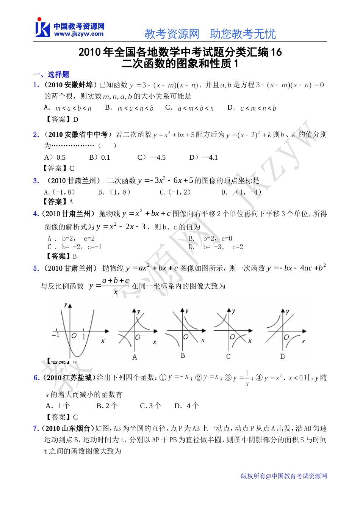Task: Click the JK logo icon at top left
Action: (42, 28)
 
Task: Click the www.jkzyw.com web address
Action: (79, 34)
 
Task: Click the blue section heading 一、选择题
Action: (51, 74)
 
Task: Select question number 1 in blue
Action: (36, 85)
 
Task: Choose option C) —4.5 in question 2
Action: (152, 157)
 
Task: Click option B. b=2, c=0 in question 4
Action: (210, 239)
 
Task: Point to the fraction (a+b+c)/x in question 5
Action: (116, 286)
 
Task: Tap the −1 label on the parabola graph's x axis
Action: (56, 335)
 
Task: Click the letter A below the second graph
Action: (135, 357)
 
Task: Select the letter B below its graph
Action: (183, 355)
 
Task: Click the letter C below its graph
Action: (228, 357)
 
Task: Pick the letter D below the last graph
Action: (283, 357)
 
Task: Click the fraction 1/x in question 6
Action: (247, 378)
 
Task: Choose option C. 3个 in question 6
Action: (150, 406)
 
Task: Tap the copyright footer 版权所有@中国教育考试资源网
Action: (284, 476)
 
